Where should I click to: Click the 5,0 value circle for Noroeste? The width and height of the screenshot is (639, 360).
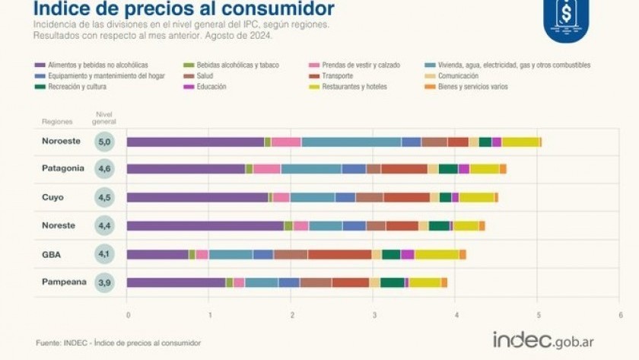(105, 142)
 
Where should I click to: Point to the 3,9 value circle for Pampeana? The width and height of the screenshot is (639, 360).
(105, 283)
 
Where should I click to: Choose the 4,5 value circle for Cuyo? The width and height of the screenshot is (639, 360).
(105, 198)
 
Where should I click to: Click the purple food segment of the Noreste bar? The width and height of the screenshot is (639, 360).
(205, 226)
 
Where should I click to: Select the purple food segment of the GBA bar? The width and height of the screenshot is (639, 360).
(157, 254)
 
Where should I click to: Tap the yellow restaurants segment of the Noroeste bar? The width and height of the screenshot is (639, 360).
(520, 142)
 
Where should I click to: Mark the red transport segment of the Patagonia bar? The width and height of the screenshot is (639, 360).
(404, 169)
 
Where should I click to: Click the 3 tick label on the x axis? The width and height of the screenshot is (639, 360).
(374, 314)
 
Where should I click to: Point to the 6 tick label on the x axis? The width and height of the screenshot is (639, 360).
(620, 314)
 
